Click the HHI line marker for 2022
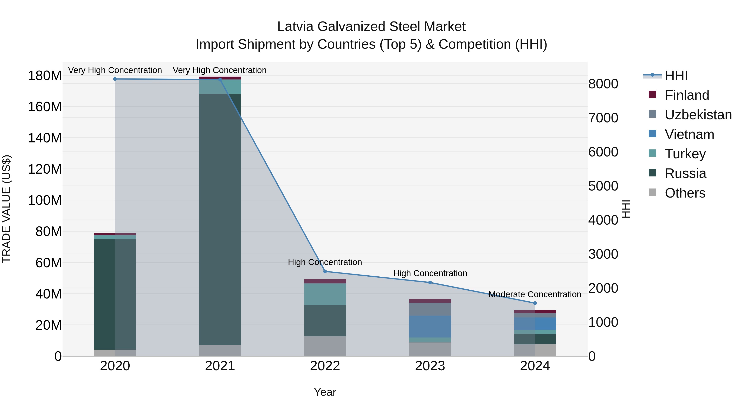point(325,271)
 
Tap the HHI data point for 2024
point(535,303)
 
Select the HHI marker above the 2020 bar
point(115,79)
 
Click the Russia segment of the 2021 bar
point(220,219)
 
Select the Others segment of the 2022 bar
point(325,346)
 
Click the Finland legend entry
point(686,95)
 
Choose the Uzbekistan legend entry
point(698,115)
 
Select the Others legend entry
point(685,193)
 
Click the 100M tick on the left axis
point(45,200)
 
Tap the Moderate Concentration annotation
point(535,294)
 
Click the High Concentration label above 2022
point(325,262)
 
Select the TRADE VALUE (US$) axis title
point(7,209)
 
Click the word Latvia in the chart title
point(295,27)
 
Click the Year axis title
point(325,392)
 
